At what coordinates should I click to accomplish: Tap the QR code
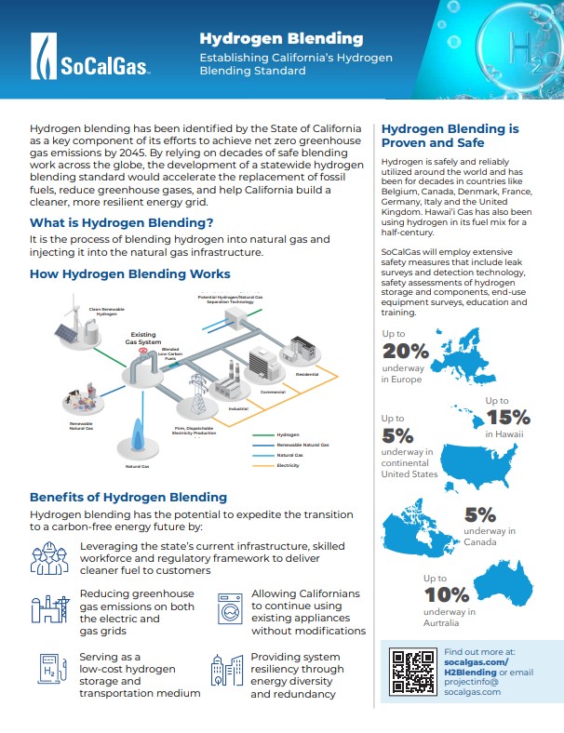[411, 671]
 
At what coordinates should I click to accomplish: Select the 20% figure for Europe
[406, 351]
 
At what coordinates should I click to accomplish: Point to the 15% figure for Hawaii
[507, 417]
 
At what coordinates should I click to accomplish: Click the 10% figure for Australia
[447, 595]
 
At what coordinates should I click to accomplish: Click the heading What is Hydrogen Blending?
[121, 223]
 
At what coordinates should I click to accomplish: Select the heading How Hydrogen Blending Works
[130, 274]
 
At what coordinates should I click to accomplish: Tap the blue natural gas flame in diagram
[138, 434]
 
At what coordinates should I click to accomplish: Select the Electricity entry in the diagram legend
[288, 465]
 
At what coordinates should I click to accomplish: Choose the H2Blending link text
[471, 673]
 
